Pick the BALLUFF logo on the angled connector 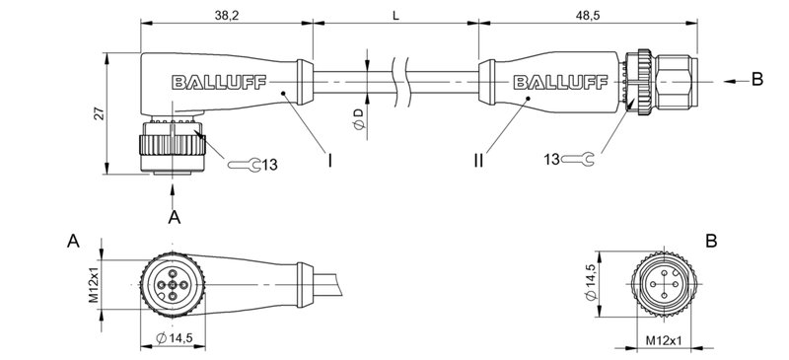coord(212,82)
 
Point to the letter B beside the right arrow coord(757,80)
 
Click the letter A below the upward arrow coord(174,217)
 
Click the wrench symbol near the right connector coord(580,158)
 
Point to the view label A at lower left coord(73,242)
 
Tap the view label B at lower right coord(711,241)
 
